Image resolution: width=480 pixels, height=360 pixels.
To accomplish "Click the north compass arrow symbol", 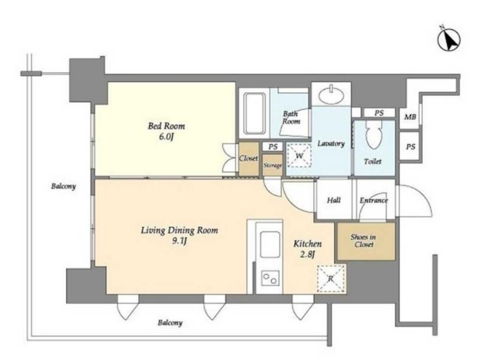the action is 449,40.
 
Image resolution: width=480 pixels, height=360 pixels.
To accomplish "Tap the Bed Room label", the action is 167,126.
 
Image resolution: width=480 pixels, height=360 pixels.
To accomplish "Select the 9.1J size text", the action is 179,241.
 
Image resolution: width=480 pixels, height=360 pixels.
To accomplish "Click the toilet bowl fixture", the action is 373,134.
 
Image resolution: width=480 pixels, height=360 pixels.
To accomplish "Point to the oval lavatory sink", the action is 331,95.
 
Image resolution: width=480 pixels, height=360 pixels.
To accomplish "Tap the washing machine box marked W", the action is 299,155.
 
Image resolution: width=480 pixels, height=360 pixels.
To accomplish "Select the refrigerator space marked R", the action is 331,278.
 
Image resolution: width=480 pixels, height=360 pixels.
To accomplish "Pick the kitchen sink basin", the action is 270,244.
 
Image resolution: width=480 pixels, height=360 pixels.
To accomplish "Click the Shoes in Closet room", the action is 366,242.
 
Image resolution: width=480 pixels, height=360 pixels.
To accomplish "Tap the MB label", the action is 410,117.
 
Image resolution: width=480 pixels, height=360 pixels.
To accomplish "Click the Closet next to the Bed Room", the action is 248,159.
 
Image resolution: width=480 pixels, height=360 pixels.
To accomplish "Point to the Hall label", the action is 334,200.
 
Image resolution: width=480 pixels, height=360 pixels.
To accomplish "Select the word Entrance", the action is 374,200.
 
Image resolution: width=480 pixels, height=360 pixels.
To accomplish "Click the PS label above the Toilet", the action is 379,113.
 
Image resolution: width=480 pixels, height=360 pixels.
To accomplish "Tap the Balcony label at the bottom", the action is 170,323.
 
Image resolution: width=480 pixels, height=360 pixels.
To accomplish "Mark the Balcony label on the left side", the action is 64,186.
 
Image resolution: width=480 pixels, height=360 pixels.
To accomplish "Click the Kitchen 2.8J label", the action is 308,249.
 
